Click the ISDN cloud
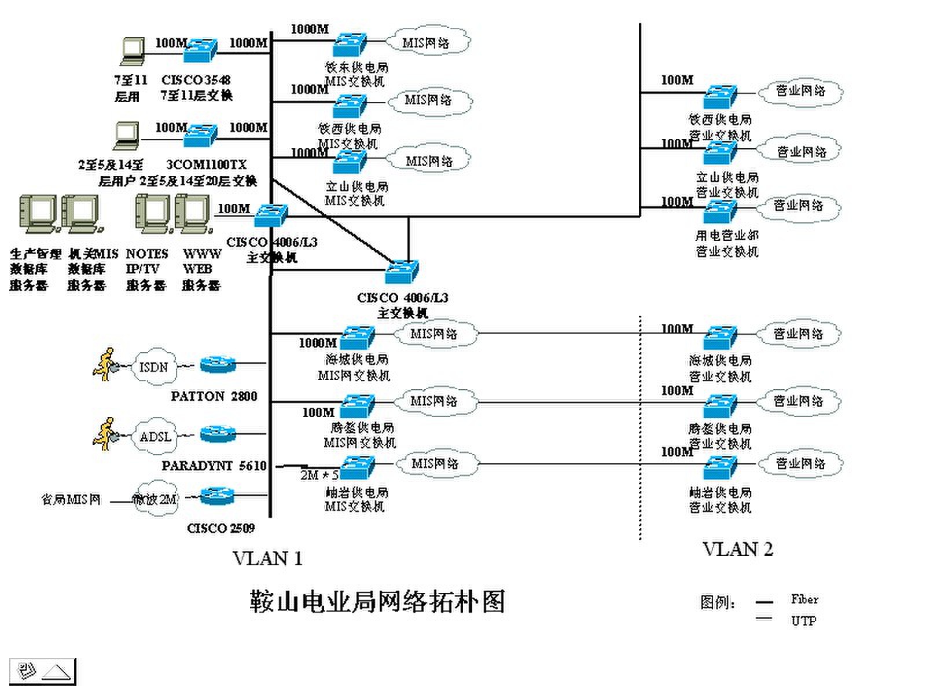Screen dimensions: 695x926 pyautogui.click(x=153, y=367)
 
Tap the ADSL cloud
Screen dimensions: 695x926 pyautogui.click(x=155, y=436)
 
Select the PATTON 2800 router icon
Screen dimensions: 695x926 pyautogui.click(x=218, y=364)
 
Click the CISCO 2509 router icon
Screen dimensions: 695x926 pyautogui.click(x=218, y=496)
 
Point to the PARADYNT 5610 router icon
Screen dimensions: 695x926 pyautogui.click(x=218, y=434)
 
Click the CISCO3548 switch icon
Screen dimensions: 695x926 pyautogui.click(x=200, y=50)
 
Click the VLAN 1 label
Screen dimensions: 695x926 pyautogui.click(x=267, y=558)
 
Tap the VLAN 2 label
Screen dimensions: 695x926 pyautogui.click(x=737, y=549)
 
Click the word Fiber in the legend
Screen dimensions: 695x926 pyautogui.click(x=804, y=599)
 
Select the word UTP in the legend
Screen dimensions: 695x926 pyautogui.click(x=803, y=621)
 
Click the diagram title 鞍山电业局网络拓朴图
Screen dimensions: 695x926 pyautogui.click(x=377, y=602)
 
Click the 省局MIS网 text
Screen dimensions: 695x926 pyautogui.click(x=71, y=499)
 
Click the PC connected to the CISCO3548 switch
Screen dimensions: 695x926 pyautogui.click(x=133, y=50)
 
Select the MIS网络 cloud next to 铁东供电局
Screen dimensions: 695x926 pyautogui.click(x=427, y=42)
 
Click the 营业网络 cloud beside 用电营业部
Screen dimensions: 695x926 pyautogui.click(x=799, y=206)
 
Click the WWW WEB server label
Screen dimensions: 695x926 pyautogui.click(x=201, y=269)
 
